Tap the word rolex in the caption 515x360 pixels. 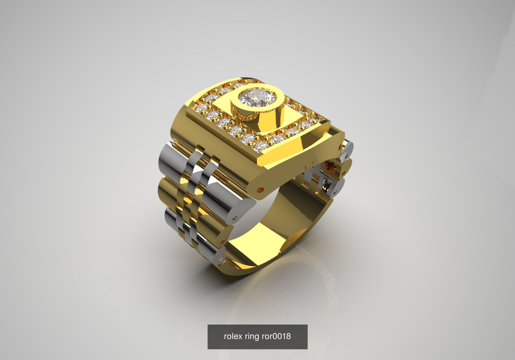coord(233,336)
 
